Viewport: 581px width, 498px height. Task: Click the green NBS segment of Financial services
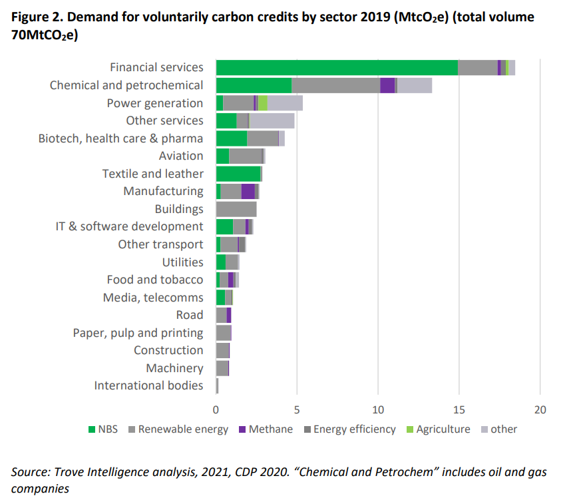tap(337, 67)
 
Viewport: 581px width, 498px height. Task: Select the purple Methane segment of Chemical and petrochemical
tap(387, 85)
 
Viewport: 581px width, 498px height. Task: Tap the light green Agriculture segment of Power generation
tap(263, 103)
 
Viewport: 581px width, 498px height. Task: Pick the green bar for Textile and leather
tap(238, 174)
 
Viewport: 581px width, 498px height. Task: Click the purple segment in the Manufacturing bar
tap(248, 191)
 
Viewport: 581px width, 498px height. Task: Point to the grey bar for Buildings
tap(236, 209)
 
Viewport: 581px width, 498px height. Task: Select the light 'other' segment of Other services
tap(272, 121)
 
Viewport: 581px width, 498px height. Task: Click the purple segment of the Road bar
tap(229, 315)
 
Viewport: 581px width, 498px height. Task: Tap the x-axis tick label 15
tap(459, 409)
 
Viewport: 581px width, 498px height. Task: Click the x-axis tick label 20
tap(540, 409)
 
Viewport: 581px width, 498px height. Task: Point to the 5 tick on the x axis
tap(297, 409)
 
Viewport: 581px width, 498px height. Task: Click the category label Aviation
tap(181, 156)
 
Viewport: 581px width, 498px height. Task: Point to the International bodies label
tap(148, 385)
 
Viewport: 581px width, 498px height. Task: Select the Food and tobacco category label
tap(154, 280)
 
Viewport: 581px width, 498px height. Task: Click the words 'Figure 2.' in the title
tap(37, 17)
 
